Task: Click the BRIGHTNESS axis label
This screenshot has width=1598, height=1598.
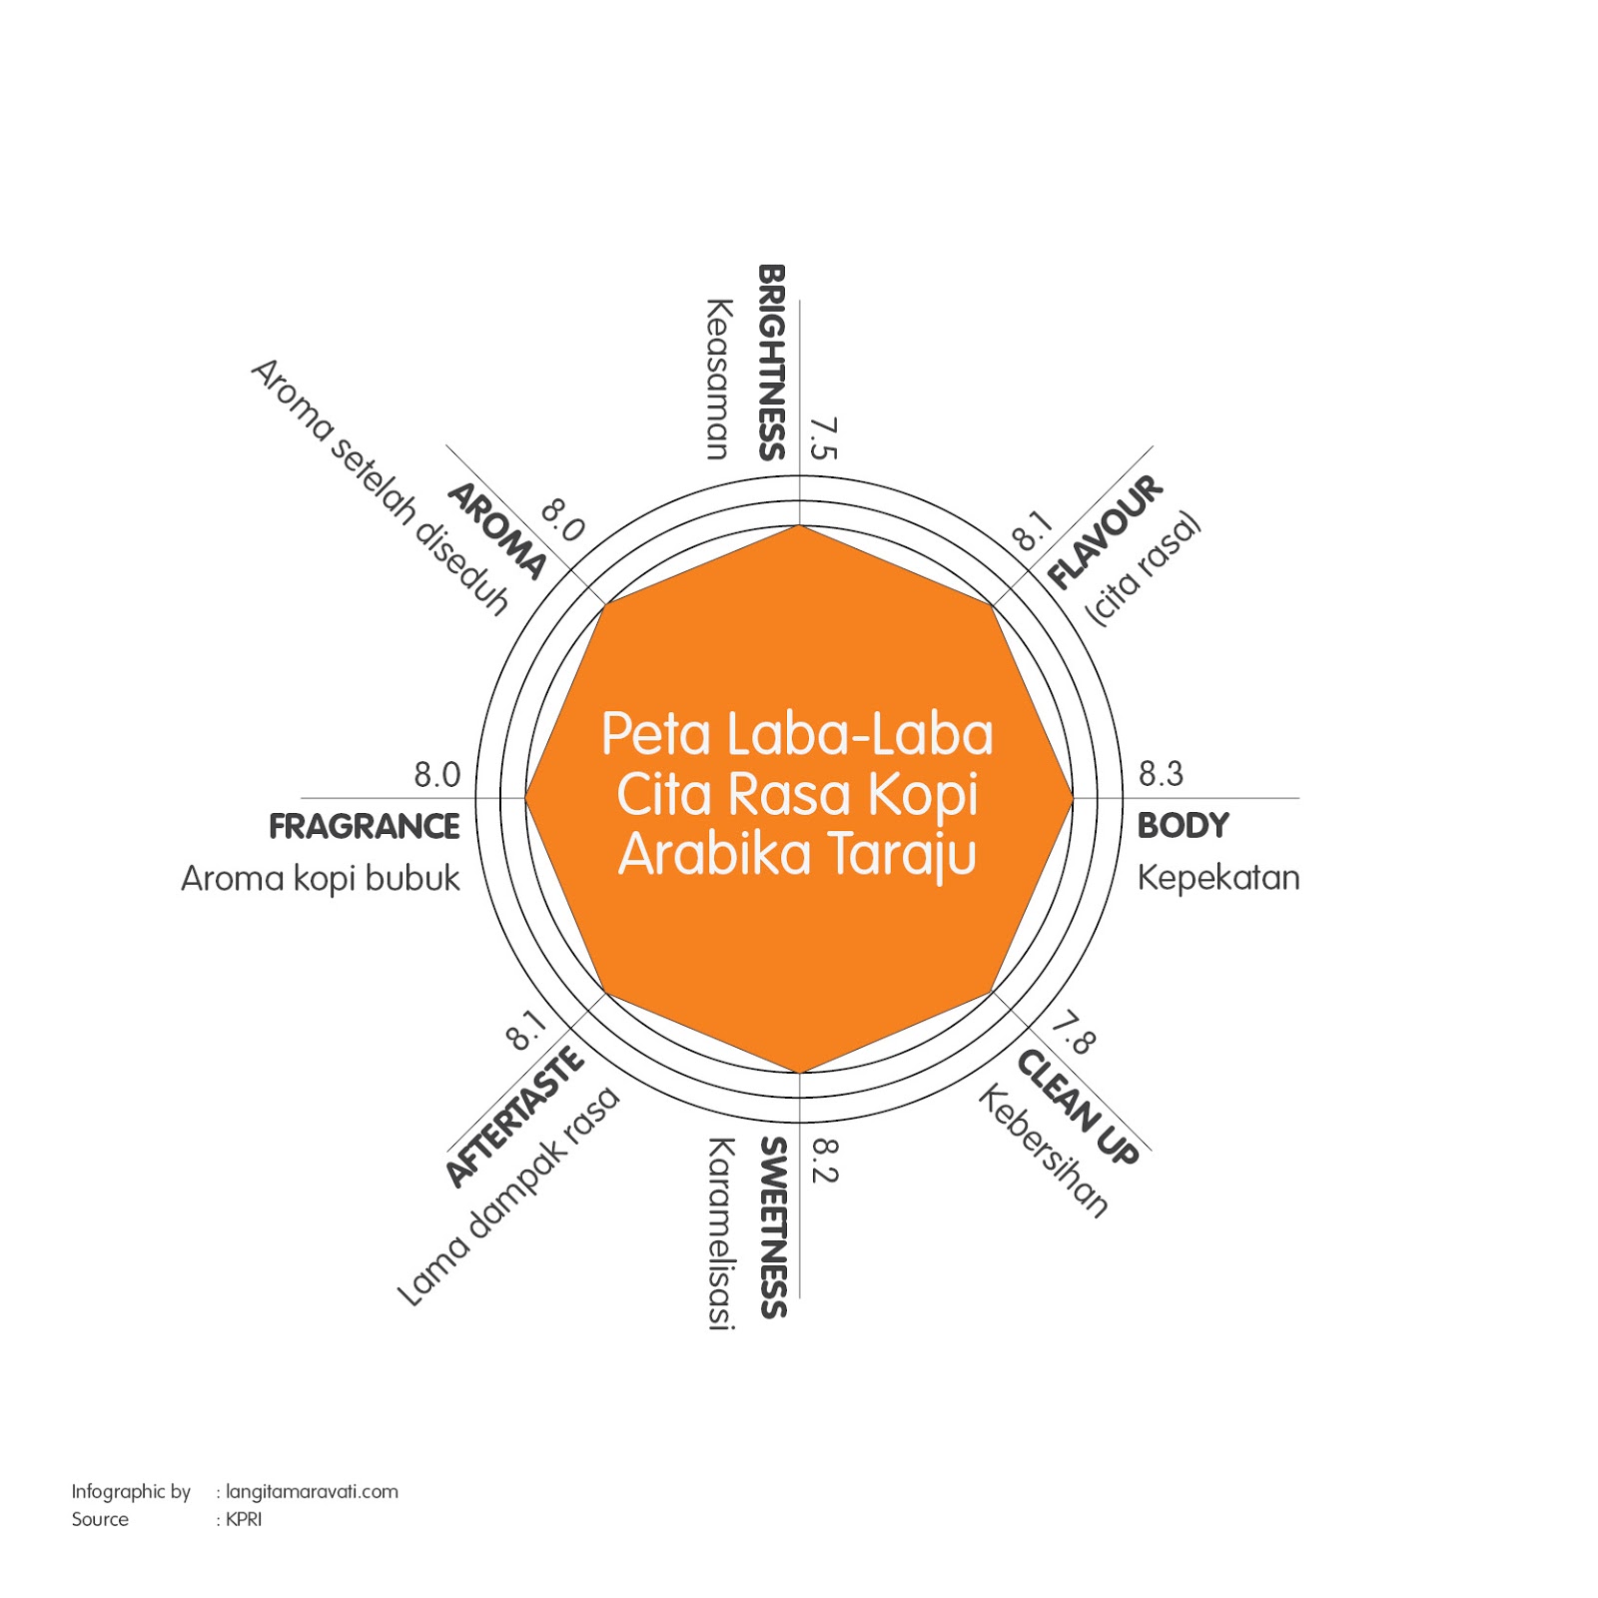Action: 772,362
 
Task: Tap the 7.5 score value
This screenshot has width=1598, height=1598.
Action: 823,438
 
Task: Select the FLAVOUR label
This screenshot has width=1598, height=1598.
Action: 1105,531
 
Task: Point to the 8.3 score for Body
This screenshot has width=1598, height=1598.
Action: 1161,774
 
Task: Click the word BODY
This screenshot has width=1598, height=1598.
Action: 1183,826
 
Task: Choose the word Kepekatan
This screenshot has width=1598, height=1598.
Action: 1218,878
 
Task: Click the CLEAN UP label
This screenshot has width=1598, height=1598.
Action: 1078,1107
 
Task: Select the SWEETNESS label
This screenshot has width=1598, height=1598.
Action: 773,1227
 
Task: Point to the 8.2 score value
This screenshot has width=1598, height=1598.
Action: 824,1161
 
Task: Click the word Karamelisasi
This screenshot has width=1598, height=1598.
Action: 721,1233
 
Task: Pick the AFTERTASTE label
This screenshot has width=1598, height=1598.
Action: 514,1117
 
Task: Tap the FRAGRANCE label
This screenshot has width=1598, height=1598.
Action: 365,827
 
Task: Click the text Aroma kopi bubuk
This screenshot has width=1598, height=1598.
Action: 321,879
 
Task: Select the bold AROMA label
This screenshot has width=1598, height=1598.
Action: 496,531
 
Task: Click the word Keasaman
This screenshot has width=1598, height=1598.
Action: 718,379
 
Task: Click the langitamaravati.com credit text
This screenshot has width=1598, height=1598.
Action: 312,1492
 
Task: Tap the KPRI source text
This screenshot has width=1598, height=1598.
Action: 244,1519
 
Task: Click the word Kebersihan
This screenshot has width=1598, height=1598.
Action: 1044,1152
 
